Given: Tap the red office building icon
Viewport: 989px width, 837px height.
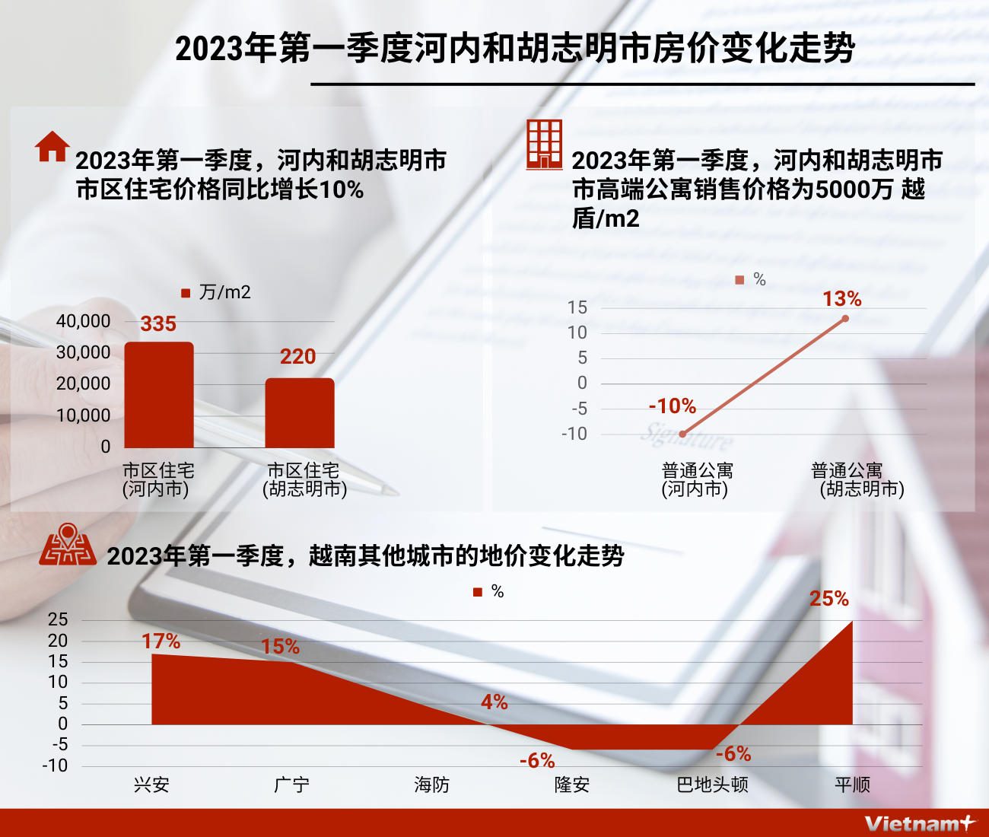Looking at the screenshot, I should point(544,145).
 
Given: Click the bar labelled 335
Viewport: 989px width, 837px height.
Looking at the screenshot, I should point(159,394).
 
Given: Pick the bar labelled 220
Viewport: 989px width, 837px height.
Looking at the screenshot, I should point(300,412).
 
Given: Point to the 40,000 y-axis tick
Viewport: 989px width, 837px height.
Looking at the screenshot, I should point(83,321).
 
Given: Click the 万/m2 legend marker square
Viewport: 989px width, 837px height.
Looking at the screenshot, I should point(186,293).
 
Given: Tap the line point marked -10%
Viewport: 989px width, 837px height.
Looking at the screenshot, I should point(682,434).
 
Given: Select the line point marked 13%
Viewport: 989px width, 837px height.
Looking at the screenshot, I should point(845,318).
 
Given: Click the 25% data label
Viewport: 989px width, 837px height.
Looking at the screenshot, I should point(828,599).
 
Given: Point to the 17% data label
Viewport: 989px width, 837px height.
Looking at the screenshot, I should point(161,642).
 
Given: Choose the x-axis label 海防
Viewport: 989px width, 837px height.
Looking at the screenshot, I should point(431,784).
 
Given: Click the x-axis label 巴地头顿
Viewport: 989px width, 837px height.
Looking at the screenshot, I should point(712,784).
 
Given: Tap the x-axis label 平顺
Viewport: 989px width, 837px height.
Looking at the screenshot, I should point(852,784).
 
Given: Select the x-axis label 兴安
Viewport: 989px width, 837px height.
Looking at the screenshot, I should point(151,784).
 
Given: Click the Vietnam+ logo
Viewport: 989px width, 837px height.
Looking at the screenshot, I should point(919,823).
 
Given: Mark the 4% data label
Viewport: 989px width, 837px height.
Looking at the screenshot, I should point(494,702).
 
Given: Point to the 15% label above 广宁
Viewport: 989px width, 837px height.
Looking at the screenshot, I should point(280,647).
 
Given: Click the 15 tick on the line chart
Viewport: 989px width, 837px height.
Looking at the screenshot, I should point(577,307).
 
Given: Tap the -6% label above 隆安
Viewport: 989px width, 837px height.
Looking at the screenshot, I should point(537,761).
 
